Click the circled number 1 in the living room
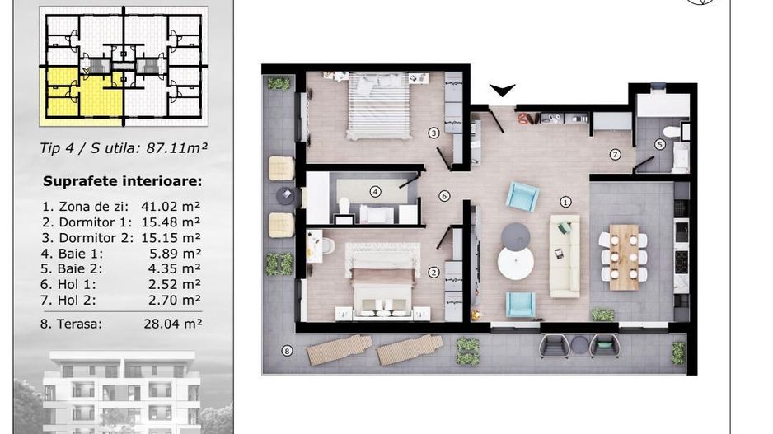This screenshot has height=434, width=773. (x=565, y=201)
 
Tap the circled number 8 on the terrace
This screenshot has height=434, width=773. (x=287, y=351)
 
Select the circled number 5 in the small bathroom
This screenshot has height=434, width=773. (x=659, y=144)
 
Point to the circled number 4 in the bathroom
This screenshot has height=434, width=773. (x=376, y=192)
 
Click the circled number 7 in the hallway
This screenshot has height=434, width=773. (x=615, y=154)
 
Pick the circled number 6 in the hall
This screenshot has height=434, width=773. (x=444, y=196)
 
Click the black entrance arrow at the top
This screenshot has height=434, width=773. (x=502, y=91)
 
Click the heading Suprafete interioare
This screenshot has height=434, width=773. (x=123, y=181)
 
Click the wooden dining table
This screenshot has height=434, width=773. (x=624, y=256)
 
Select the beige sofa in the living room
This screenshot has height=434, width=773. (x=565, y=256)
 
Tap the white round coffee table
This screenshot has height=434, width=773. (x=515, y=264)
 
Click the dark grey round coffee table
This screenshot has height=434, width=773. (x=516, y=236)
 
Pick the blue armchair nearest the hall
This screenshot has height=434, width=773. (x=522, y=197)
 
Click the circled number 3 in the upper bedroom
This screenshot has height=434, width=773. (x=433, y=132)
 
